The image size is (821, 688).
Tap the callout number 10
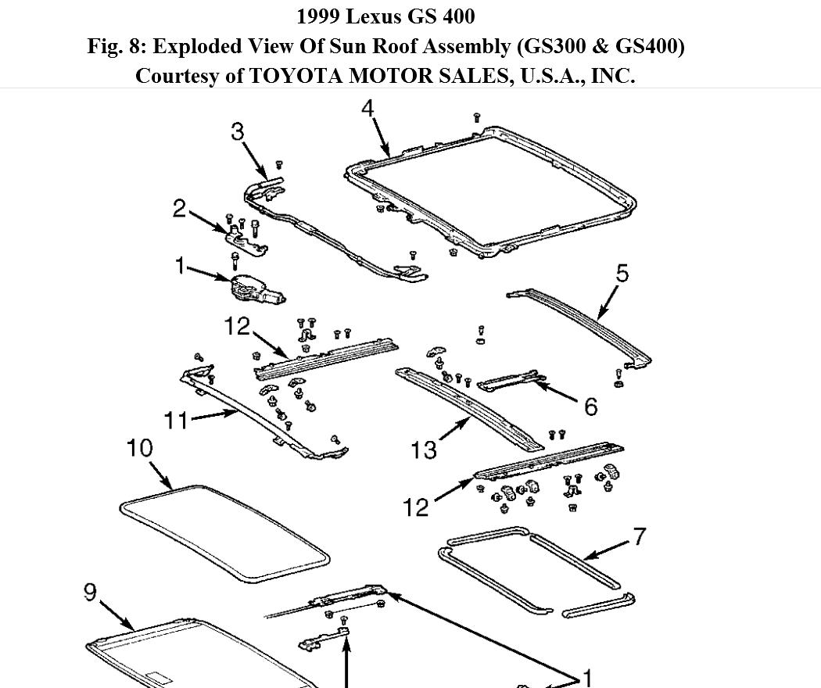(139, 448)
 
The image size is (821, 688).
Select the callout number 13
(423, 450)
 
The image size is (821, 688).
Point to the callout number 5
(622, 274)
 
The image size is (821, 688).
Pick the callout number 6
(590, 406)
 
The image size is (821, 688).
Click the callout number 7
(640, 537)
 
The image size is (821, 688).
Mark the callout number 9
(91, 593)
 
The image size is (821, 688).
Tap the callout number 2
(180, 209)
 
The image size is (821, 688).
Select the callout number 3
(238, 131)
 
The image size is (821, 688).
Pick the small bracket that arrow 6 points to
(512, 381)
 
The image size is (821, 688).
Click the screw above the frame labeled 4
(477, 118)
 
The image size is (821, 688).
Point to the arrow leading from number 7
(606, 549)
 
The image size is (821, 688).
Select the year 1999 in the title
(319, 16)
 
